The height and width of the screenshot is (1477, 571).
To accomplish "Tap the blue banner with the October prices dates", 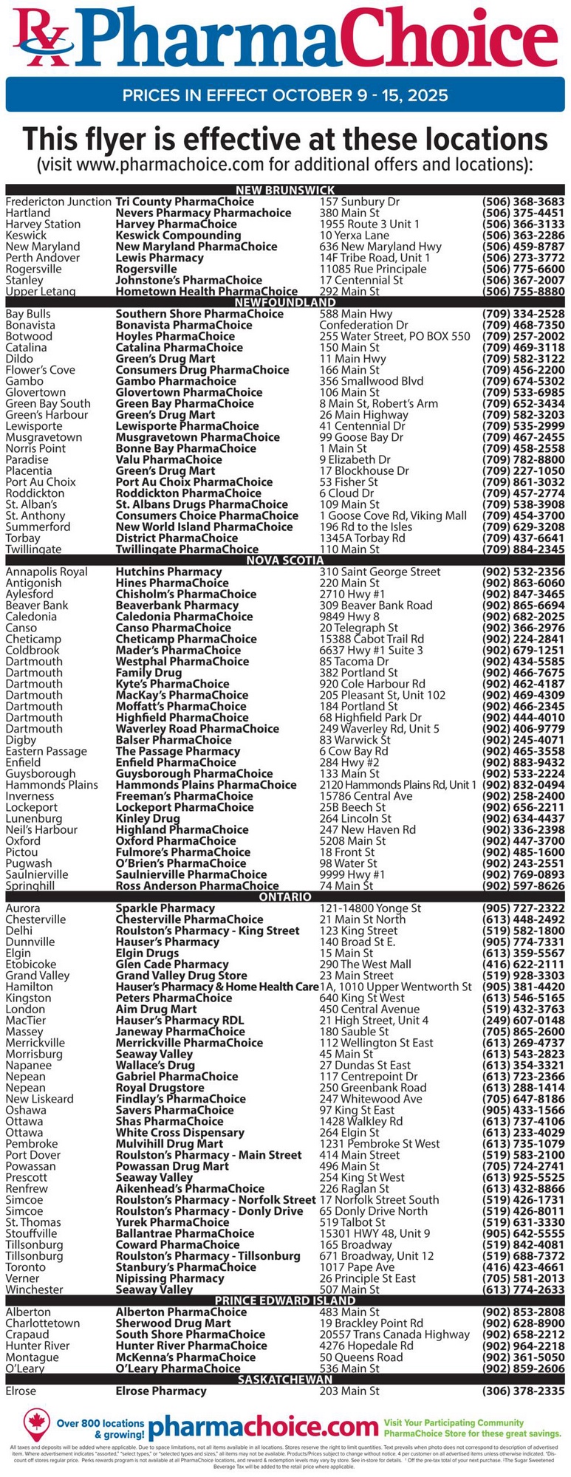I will pyautogui.click(x=285, y=95).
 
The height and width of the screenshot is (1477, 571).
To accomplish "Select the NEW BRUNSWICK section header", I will pyautogui.click(x=285, y=191).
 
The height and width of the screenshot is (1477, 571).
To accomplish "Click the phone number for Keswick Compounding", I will pyautogui.click(x=523, y=236).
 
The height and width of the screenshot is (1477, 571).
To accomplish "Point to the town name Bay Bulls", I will pyautogui.click(x=28, y=314).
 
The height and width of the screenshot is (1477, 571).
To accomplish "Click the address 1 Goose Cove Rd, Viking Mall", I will pyautogui.click(x=393, y=515).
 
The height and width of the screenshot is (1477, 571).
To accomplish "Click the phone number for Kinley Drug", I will pyautogui.click(x=523, y=818).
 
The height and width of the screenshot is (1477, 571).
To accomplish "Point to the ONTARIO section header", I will pyautogui.click(x=285, y=897).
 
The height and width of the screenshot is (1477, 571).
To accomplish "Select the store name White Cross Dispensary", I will pyautogui.click(x=179, y=1132).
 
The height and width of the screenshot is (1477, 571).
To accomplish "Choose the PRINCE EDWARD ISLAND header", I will pyautogui.click(x=285, y=1300).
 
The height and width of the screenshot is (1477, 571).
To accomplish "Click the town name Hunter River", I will pyautogui.click(x=37, y=1346).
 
